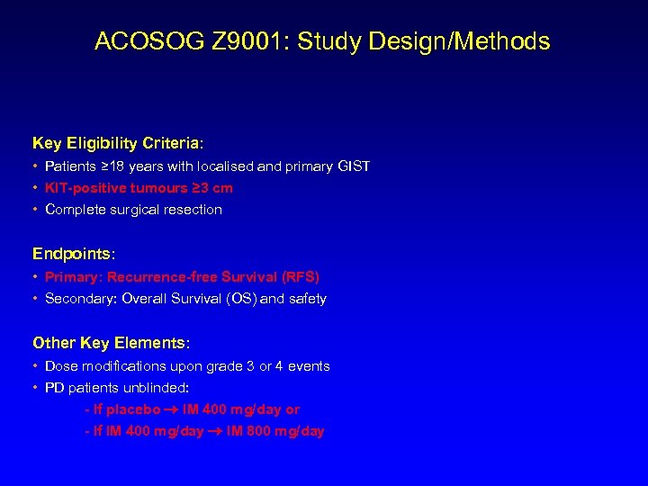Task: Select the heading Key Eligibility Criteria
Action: (x=117, y=143)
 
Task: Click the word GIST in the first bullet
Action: (x=353, y=166)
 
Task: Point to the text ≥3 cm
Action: (x=212, y=188)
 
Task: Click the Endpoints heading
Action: (x=71, y=254)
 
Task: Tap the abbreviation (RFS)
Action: (x=301, y=276)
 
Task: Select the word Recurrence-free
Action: (x=158, y=276)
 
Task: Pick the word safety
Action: (x=308, y=298)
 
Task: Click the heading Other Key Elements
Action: (x=111, y=343)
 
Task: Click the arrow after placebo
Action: (x=170, y=409)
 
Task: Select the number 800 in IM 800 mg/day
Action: (x=255, y=431)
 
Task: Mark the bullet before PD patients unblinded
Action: (x=35, y=388)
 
